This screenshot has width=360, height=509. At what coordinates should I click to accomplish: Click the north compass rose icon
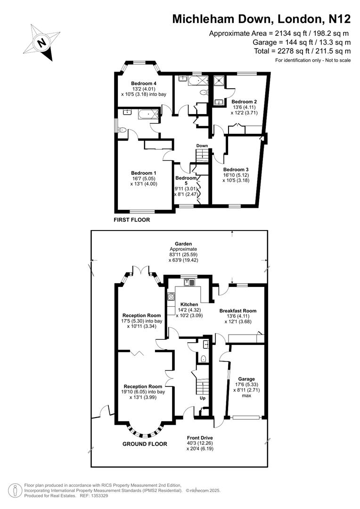[x=42, y=43]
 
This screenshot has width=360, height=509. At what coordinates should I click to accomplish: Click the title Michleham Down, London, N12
[x=262, y=19]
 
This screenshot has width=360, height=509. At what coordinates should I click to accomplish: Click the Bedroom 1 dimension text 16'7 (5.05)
[x=143, y=179]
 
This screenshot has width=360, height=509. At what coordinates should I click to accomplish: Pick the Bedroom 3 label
[x=236, y=170]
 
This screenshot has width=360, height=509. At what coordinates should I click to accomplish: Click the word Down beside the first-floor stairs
[x=202, y=146]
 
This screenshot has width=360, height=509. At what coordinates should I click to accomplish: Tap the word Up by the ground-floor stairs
[x=204, y=398]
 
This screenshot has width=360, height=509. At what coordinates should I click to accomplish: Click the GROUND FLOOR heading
[x=145, y=444]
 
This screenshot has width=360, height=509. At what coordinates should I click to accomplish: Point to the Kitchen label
[x=188, y=304]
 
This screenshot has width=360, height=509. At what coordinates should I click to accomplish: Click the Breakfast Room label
[x=237, y=311]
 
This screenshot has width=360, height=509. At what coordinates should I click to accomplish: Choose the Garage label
[x=246, y=379]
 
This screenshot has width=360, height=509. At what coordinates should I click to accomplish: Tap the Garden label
[x=183, y=244]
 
